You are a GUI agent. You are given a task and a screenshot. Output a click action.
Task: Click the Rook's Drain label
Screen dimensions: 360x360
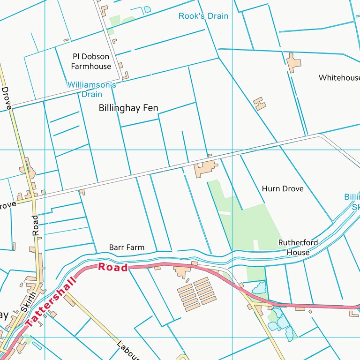pos(203,16)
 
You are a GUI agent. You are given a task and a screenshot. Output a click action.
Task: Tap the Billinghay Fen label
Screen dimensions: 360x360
pos(128,108)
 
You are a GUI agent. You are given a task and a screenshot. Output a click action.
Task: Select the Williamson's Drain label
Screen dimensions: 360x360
pos(91,90)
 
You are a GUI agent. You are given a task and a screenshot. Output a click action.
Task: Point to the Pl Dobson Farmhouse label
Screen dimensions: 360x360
pos(91,61)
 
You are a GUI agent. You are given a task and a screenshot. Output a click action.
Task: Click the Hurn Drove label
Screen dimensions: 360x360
pos(282,189)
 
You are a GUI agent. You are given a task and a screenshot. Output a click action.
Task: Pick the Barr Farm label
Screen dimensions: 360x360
pos(127,247)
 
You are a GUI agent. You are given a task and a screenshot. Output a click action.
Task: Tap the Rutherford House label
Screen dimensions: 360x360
pos(298,247)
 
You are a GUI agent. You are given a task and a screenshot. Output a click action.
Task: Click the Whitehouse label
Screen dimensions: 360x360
pos(339,78)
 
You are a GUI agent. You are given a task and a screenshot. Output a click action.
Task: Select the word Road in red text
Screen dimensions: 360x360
pos(113,268)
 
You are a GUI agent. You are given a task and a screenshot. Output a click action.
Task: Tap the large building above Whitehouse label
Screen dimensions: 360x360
pos(293,63)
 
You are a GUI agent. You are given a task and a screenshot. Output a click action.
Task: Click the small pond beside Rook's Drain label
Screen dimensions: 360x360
pos(147,9)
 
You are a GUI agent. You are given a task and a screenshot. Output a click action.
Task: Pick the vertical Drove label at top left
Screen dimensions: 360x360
pos(6,98)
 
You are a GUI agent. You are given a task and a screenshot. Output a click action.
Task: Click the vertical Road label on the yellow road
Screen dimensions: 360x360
pos(36,225)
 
